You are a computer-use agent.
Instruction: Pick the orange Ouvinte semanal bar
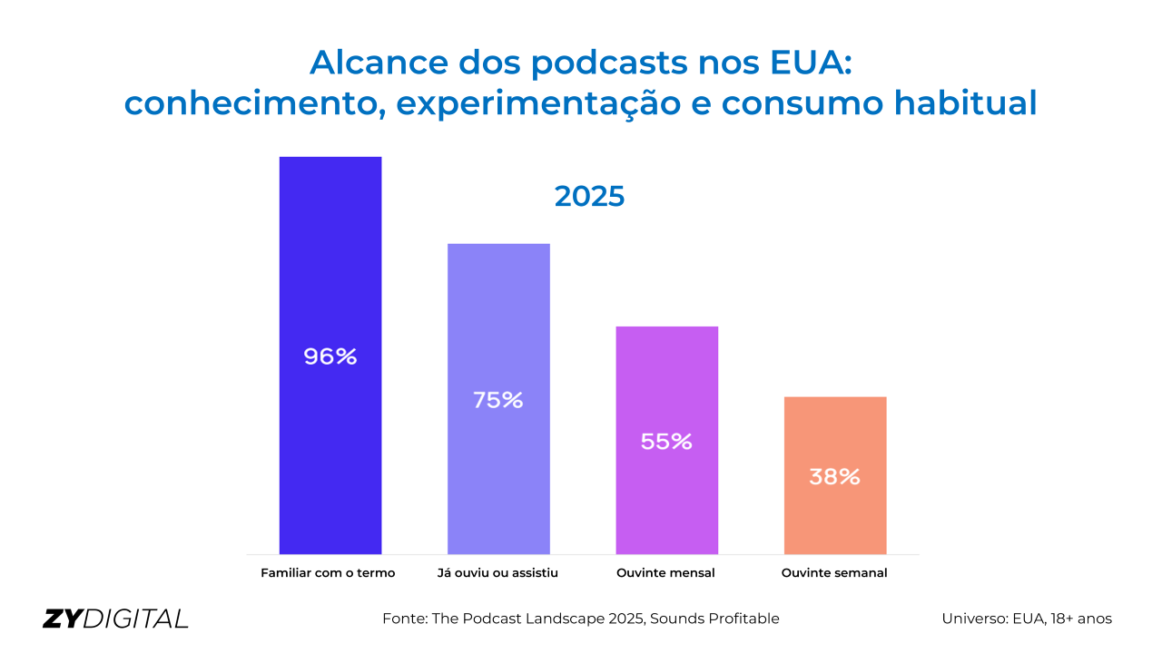tap(835, 517)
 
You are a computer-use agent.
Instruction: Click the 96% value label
tap(330, 356)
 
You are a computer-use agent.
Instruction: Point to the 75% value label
tap(498, 400)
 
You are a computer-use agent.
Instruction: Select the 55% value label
tap(666, 442)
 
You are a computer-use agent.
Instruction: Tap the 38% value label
tap(835, 476)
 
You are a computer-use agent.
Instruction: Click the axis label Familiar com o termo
tap(329, 573)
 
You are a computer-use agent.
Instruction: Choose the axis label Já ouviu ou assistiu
tap(497, 573)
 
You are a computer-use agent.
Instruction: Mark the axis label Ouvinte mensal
tap(665, 573)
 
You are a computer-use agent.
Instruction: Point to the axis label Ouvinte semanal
tap(834, 573)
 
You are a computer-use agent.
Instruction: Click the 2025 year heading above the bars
tap(590, 196)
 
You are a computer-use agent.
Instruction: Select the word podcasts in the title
tap(607, 62)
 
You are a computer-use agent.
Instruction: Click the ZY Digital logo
tap(115, 619)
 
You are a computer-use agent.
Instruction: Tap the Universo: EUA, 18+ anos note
tap(1027, 619)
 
